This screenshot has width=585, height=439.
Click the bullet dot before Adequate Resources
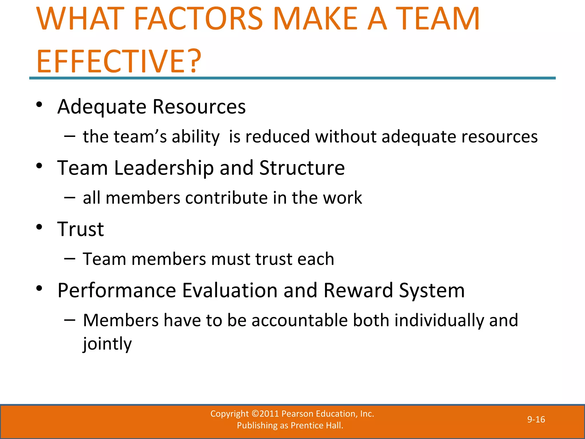click(39, 105)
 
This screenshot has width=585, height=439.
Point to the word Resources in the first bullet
click(199, 107)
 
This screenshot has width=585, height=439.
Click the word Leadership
click(164, 168)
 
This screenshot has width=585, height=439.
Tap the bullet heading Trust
click(81, 229)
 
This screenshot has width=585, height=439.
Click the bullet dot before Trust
click(39, 227)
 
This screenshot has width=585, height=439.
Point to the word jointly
click(107, 344)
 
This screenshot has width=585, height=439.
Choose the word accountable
click(299, 320)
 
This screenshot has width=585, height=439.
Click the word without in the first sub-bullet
click(346, 137)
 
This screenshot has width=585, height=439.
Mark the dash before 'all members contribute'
click(70, 197)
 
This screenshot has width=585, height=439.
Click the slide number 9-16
click(536, 420)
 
